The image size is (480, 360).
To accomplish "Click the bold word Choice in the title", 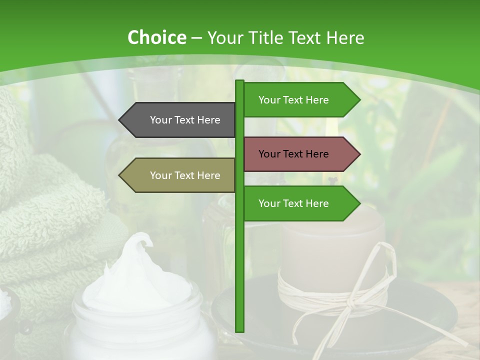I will tap(157, 38).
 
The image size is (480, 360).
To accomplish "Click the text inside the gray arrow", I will tap(185, 120).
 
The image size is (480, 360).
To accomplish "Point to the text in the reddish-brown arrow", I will tap(293, 154).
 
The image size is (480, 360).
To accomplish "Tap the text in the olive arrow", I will tap(185, 175).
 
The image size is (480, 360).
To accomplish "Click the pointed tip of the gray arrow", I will tap(120, 120).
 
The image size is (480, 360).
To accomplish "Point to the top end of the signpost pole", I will tap(240, 82).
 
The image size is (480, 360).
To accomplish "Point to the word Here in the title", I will tap(344, 38).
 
